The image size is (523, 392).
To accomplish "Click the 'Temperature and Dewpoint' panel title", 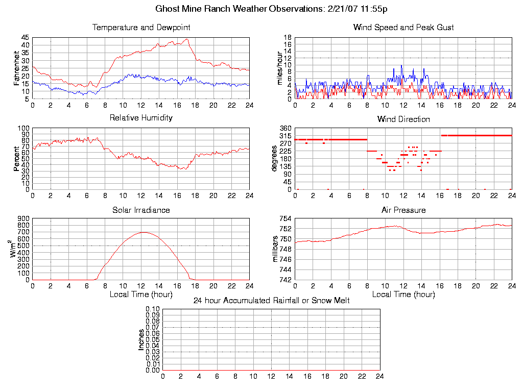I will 141,27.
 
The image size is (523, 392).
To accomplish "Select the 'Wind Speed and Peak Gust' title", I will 403,27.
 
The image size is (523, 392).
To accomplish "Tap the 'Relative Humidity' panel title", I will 141,118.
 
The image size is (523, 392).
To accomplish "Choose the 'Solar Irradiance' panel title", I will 141,210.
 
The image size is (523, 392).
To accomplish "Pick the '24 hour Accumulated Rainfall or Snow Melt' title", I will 271,301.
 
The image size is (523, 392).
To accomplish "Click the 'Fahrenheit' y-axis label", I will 17,68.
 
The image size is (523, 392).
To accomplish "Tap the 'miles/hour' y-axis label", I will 279,68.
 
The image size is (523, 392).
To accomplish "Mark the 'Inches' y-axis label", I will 141,339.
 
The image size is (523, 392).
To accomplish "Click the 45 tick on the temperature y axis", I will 25,38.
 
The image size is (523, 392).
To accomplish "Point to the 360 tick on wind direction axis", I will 286,128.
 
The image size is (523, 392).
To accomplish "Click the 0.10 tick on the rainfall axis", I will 153,309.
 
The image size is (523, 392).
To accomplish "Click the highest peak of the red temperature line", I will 187,39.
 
